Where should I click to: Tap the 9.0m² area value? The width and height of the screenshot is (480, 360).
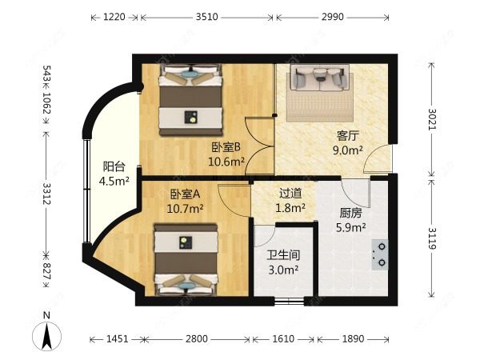coord(348,149)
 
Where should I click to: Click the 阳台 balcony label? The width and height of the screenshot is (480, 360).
coord(114,166)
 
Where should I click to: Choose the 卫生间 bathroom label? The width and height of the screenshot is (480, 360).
coord(282,256)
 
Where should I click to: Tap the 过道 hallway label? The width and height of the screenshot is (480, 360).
coord(290,193)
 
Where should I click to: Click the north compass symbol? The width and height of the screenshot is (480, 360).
coord(48,331)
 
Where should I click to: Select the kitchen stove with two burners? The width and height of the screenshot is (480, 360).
coord(381,254)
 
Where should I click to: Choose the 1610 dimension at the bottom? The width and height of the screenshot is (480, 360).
coord(284,339)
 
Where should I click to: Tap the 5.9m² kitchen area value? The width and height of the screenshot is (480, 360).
coord(348,227)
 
